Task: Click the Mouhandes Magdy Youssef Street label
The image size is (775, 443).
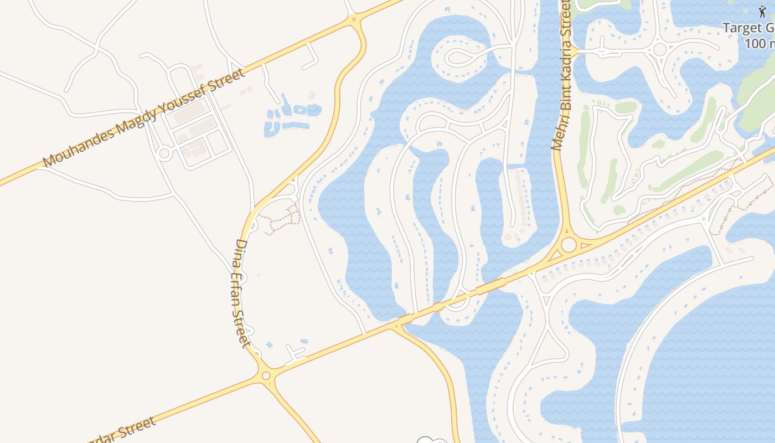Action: [x=143, y=119]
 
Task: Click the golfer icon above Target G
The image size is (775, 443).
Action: [x=762, y=12]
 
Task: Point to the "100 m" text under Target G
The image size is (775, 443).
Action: [x=760, y=43]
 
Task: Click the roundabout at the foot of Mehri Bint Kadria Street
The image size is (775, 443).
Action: [x=569, y=245]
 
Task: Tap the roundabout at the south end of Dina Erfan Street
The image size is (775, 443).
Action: [x=266, y=375]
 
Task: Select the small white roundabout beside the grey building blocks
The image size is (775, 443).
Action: [x=164, y=154]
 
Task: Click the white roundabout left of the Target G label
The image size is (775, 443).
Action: [x=659, y=49]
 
